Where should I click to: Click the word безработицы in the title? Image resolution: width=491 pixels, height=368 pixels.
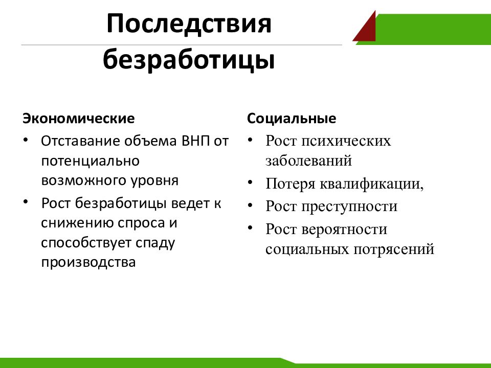[189, 59]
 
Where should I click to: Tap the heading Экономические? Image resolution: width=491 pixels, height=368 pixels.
[79, 119]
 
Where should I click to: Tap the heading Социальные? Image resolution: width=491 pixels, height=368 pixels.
[292, 119]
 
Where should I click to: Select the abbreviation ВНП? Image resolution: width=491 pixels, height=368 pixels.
[196, 141]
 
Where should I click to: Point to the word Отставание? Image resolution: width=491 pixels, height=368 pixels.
[80, 141]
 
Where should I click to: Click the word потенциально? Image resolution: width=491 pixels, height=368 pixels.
[91, 162]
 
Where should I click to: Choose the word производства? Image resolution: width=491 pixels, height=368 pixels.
[88, 262]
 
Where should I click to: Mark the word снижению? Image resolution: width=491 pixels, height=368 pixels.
[77, 223]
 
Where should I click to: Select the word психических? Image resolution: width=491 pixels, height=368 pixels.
[346, 142]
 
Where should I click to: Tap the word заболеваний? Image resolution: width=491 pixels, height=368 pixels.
[308, 161]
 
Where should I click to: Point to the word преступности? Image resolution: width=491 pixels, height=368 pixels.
[349, 206]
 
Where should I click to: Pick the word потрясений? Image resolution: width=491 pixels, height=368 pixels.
[394, 250]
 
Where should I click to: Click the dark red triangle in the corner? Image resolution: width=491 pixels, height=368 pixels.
[367, 30]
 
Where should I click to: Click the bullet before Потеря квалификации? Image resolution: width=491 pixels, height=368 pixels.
[250, 182]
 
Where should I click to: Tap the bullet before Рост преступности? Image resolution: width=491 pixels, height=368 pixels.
[250, 205]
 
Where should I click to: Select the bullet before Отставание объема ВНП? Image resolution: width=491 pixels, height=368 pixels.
[26, 140]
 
